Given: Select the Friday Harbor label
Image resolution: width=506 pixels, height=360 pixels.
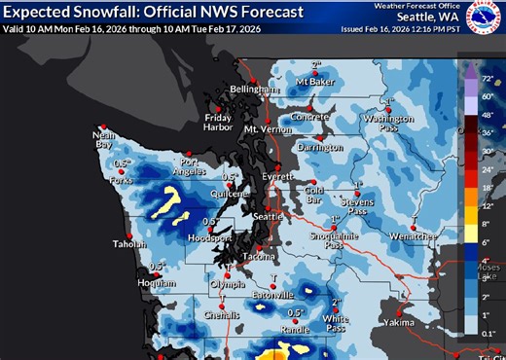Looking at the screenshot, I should [x=219, y=122].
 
